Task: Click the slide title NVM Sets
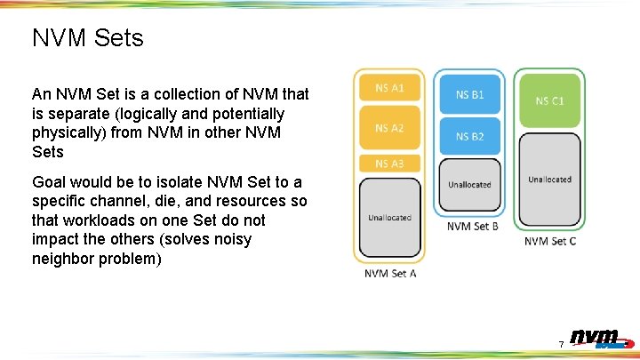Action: pos(87,38)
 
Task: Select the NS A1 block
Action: pos(389,87)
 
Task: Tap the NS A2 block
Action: pos(389,128)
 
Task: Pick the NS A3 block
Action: pos(389,164)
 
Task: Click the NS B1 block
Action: pos(469,93)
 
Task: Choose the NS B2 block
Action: pos(469,136)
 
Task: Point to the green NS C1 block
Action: pos(549,100)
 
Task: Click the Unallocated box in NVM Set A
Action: pos(389,217)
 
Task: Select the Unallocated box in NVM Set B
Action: pos(469,185)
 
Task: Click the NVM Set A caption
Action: pos(390,273)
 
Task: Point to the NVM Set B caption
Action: pos(472,226)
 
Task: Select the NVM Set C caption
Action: pos(549,241)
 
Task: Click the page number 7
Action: pos(561,344)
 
